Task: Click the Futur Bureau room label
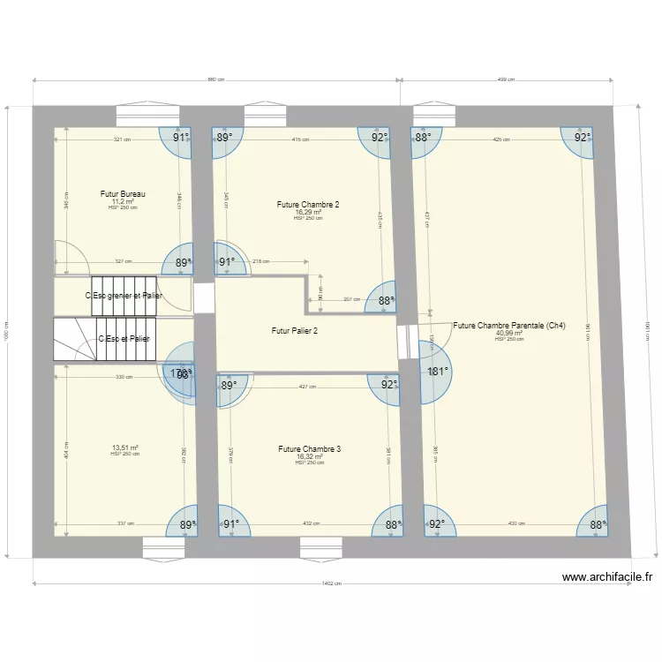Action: tap(123, 193)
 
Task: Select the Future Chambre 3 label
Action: tap(309, 448)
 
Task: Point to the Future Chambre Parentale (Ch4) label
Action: tap(508, 326)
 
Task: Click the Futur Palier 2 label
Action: tap(295, 331)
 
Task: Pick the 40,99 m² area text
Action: tap(508, 333)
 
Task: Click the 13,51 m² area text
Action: tap(124, 448)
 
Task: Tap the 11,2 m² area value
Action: tap(123, 200)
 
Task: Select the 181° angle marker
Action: tap(438, 372)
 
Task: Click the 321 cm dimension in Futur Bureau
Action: tap(122, 139)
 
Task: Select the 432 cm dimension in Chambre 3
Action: tap(311, 523)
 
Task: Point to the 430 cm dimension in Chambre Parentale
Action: tap(516, 523)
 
